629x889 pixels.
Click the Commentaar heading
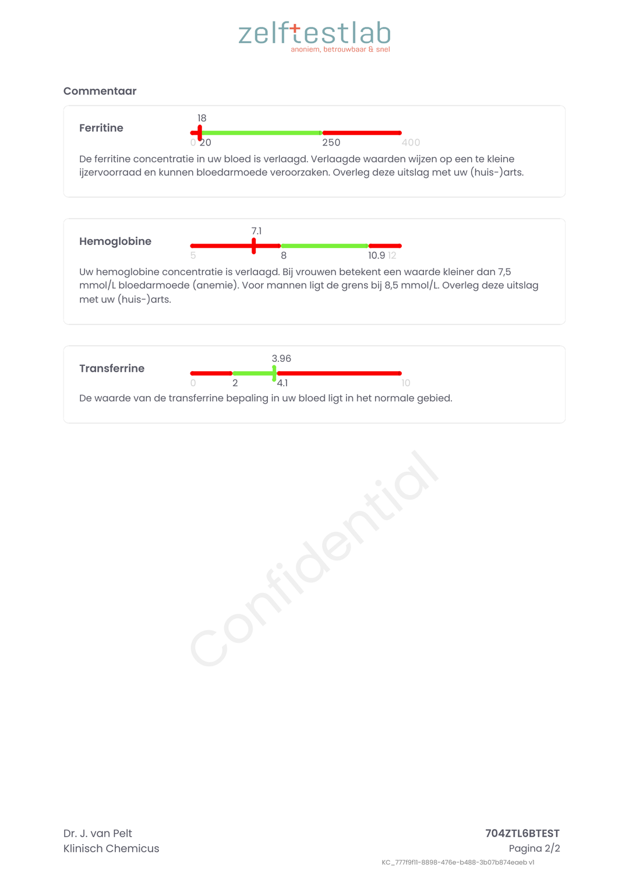100,91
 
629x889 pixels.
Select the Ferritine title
101,128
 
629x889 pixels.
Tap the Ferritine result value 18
202,118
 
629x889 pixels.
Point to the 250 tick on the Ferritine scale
331,143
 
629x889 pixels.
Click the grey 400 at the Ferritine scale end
411,143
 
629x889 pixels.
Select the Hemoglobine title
115,241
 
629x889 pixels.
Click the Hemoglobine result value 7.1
256,231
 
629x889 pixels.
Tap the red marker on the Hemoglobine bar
254,246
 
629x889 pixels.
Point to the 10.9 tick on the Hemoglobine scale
376,255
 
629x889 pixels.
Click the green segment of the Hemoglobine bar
324,246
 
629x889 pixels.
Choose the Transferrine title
112,368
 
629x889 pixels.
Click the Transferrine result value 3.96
281,358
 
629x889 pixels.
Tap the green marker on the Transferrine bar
274,374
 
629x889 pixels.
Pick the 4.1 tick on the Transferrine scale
282,383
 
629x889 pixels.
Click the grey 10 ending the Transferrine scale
406,383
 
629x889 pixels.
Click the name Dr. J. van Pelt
98,833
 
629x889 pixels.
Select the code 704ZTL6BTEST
522,833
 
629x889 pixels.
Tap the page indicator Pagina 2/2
534,848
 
